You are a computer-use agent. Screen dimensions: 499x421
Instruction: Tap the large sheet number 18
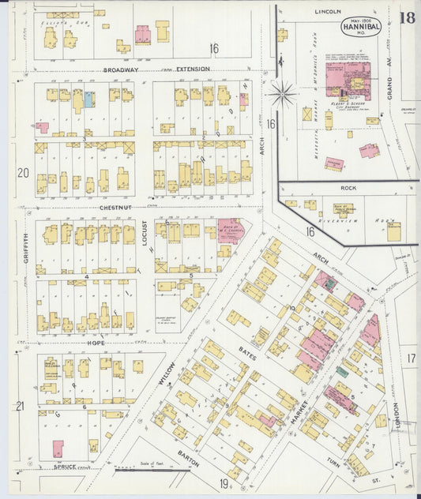point(408,18)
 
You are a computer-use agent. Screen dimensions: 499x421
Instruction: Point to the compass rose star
point(282,94)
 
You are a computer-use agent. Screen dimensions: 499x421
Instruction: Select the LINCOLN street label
point(327,12)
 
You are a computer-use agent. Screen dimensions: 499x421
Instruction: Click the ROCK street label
point(348,188)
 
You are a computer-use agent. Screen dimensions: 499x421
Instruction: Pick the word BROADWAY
point(121,69)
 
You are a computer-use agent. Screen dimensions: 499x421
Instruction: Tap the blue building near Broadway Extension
point(88,100)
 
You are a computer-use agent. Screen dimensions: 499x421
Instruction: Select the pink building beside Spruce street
point(58,448)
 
